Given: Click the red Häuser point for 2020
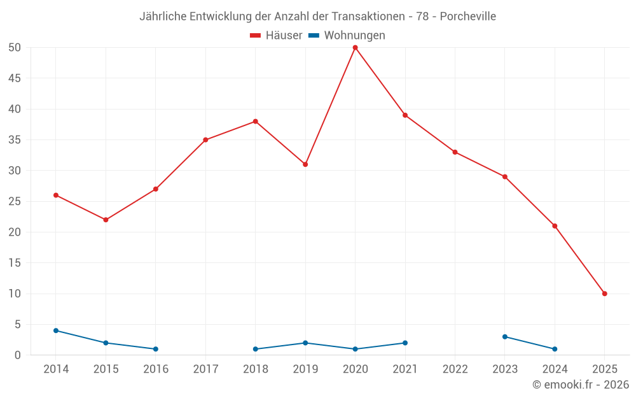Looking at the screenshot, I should click(x=355, y=48).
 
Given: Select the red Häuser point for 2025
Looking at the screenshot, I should click(x=604, y=294).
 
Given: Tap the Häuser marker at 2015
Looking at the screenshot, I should click(x=106, y=220).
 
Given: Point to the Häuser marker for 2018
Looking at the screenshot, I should click(x=255, y=121).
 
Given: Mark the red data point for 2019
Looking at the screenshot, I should click(x=305, y=164).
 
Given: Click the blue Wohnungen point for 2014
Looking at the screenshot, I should click(x=56, y=330).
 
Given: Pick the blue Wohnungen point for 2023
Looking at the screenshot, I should click(x=504, y=337).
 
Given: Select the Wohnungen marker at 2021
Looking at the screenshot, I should click(x=405, y=343).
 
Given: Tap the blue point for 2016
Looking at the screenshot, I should click(x=155, y=349).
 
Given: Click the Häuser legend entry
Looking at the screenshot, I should click(x=276, y=36).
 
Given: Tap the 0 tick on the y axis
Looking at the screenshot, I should click(x=18, y=355).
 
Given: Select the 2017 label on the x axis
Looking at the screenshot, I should click(x=205, y=369).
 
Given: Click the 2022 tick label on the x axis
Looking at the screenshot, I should click(x=455, y=369).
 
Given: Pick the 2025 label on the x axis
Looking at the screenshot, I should click(x=604, y=369).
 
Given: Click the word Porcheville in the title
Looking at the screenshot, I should click(x=468, y=17).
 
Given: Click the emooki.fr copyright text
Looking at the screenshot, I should click(x=581, y=385).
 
